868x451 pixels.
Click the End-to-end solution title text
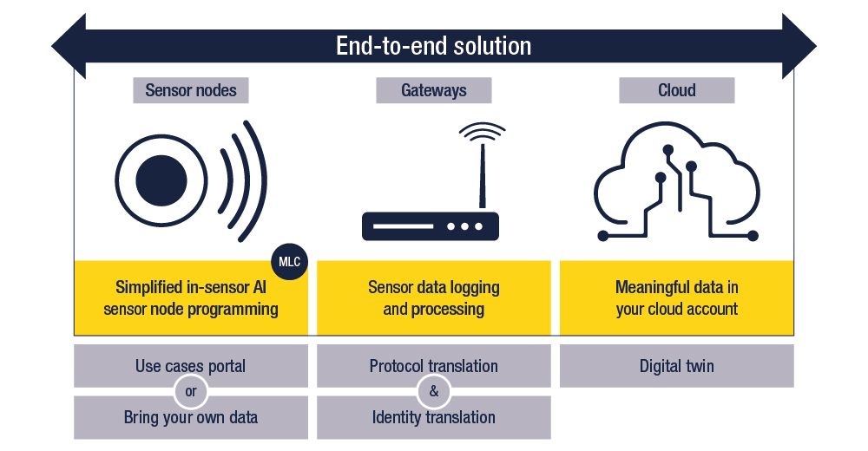(433, 45)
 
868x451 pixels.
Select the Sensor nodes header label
(191, 90)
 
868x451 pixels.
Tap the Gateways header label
(433, 90)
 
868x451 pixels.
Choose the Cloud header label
(676, 90)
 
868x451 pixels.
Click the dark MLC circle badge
(289, 260)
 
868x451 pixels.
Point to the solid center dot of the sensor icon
(161, 180)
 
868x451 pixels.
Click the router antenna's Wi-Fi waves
(481, 134)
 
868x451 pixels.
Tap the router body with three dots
(431, 226)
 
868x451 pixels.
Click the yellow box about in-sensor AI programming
(191, 297)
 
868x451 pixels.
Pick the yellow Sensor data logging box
(433, 297)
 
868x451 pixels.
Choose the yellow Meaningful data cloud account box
(676, 297)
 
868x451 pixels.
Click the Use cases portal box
(191, 365)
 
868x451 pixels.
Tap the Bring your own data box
(191, 417)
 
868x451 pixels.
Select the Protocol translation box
(433, 365)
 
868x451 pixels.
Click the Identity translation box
(433, 417)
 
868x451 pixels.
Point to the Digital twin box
(676, 365)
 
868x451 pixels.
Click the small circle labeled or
(191, 391)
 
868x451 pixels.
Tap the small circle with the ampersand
(433, 391)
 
